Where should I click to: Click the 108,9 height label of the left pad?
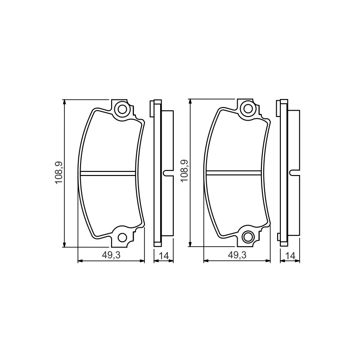[59, 173]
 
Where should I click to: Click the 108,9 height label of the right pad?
[184, 171]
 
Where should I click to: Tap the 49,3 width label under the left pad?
[111, 255]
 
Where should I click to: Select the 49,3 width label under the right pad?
[237, 255]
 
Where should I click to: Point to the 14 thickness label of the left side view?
[164, 256]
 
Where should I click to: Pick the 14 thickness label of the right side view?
[290, 256]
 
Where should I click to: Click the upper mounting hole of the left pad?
[122, 109]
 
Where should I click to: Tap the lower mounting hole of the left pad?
[122, 238]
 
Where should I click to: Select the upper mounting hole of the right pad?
[248, 108]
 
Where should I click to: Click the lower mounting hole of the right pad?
[248, 237]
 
